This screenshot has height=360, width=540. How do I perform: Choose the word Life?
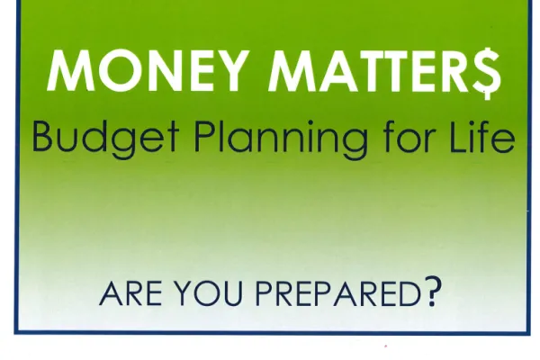(482, 137)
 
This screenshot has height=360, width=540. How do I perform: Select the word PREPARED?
(338, 294)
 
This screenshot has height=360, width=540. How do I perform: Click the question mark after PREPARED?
(433, 292)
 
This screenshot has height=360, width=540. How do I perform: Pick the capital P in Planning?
(205, 137)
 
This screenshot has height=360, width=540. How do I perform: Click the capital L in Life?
(460, 137)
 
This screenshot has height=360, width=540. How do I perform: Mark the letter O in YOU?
(207, 294)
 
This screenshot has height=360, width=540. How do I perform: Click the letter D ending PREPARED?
(410, 294)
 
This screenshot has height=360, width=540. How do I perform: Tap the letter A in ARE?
(111, 294)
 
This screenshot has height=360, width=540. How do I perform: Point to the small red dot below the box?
(386, 346)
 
